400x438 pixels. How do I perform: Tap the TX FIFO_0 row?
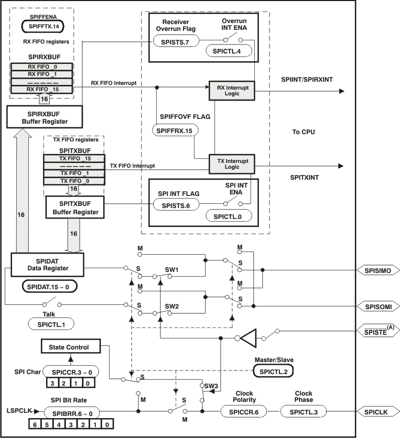tap(74, 181)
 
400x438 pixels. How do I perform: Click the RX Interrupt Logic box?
tap(231, 90)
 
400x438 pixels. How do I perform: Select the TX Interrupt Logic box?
tap(232, 163)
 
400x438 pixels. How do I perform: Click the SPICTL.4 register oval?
tap(228, 51)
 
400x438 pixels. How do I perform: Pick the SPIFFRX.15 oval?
tap(175, 130)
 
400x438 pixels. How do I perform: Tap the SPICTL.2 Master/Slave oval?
tap(273, 370)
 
